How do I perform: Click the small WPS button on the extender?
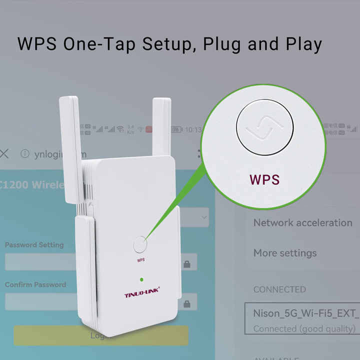coord(140,244)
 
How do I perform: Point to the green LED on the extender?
coord(142,279)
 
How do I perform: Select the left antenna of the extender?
coord(71,145)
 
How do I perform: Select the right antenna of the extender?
coord(161,127)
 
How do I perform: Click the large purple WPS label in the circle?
coord(264,180)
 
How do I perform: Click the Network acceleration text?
coord(302,223)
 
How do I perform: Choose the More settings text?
coord(284,253)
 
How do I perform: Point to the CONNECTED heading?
coord(279,289)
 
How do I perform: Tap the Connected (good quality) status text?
coord(304,328)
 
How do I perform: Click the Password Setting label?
coord(34,245)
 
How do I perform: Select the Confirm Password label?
coord(35,284)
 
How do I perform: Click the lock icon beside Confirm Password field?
coord(187,303)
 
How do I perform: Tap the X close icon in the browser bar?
coord(4,153)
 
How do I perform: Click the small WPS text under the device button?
coord(140,260)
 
